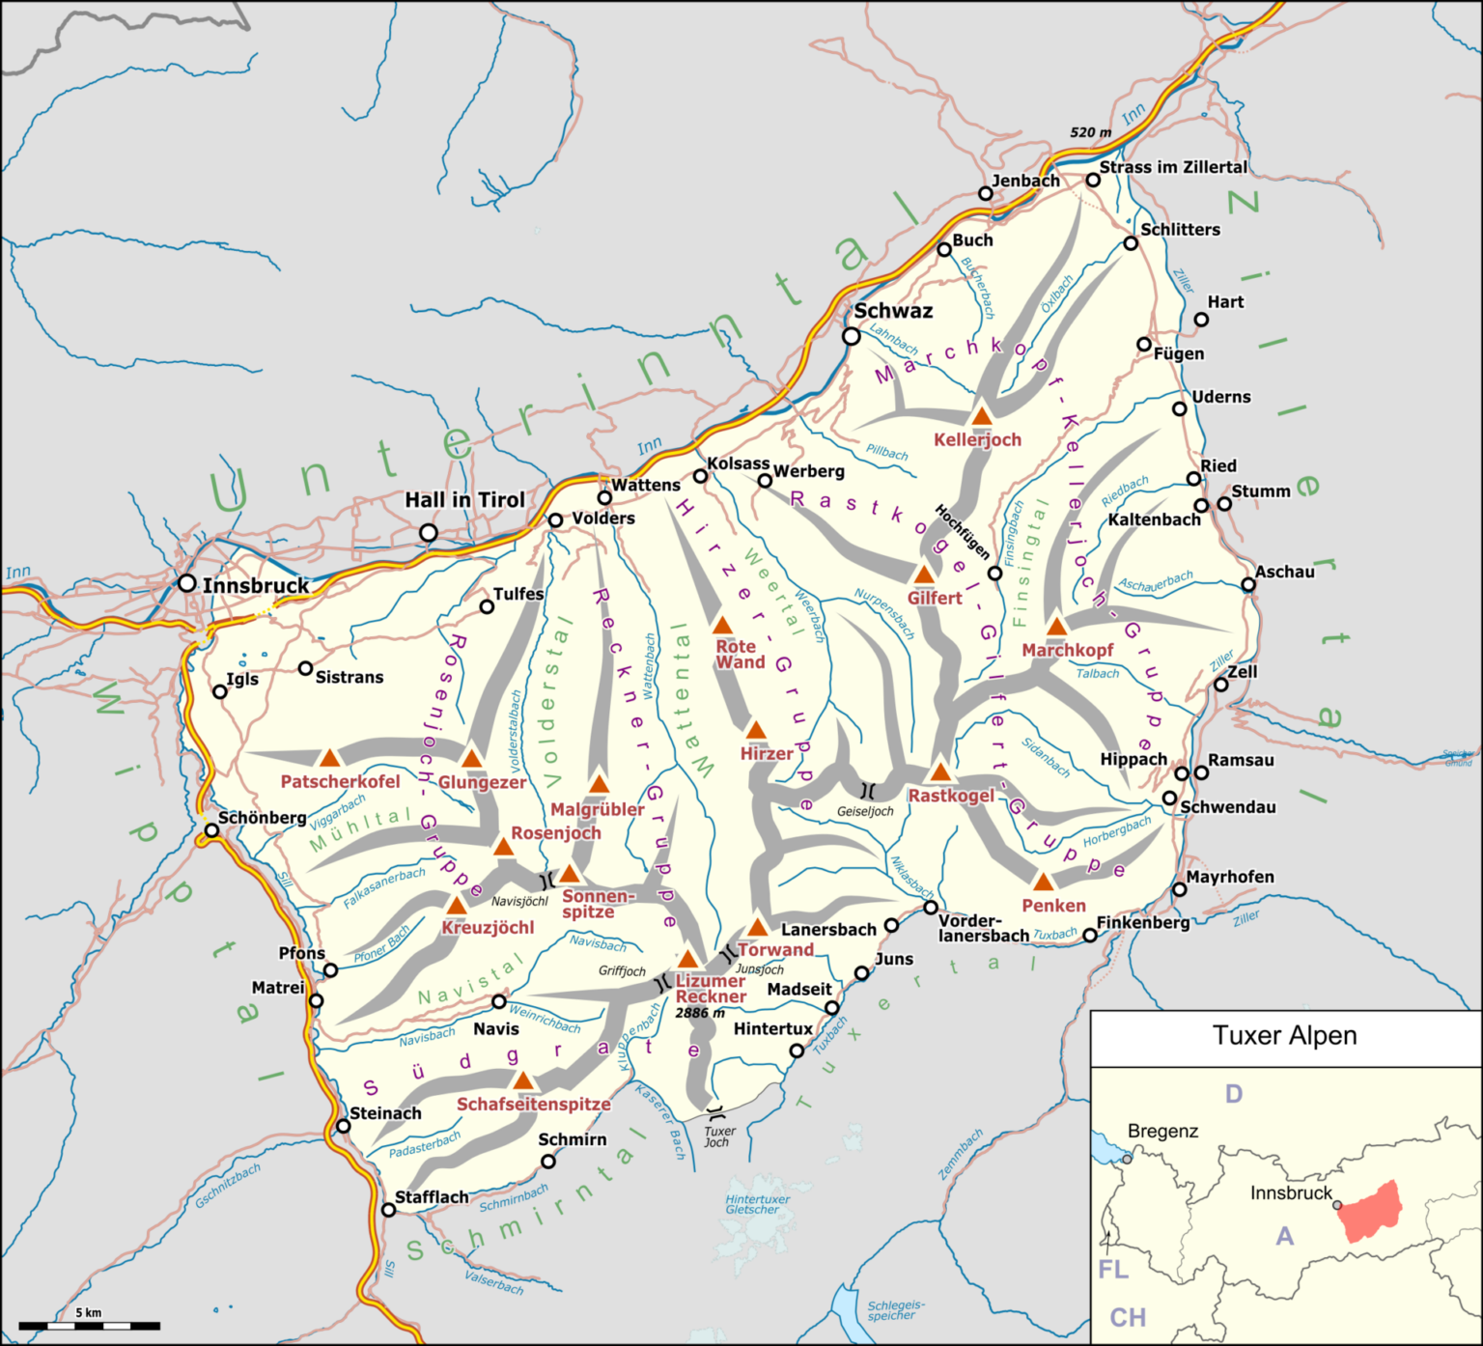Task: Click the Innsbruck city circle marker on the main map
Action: tap(187, 582)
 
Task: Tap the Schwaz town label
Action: tap(893, 311)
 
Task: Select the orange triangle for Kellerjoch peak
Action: tap(982, 416)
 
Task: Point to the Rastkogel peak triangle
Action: tap(940, 771)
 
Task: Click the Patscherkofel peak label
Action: tap(340, 781)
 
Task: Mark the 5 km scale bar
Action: tap(89, 1325)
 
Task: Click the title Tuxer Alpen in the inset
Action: tap(1284, 1036)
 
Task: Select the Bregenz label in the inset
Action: tap(1162, 1131)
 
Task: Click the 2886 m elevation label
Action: tap(700, 1013)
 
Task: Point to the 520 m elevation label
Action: tap(1090, 132)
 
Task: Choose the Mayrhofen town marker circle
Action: tap(1179, 889)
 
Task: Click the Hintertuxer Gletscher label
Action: tap(757, 1204)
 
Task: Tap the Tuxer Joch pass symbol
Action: tap(715, 1110)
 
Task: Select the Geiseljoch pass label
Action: tap(864, 811)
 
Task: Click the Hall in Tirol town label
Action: tap(464, 499)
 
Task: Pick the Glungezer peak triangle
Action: tap(472, 758)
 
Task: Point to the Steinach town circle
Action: tap(343, 1126)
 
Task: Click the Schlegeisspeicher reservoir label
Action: tap(895, 1309)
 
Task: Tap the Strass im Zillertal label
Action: tap(1173, 167)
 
